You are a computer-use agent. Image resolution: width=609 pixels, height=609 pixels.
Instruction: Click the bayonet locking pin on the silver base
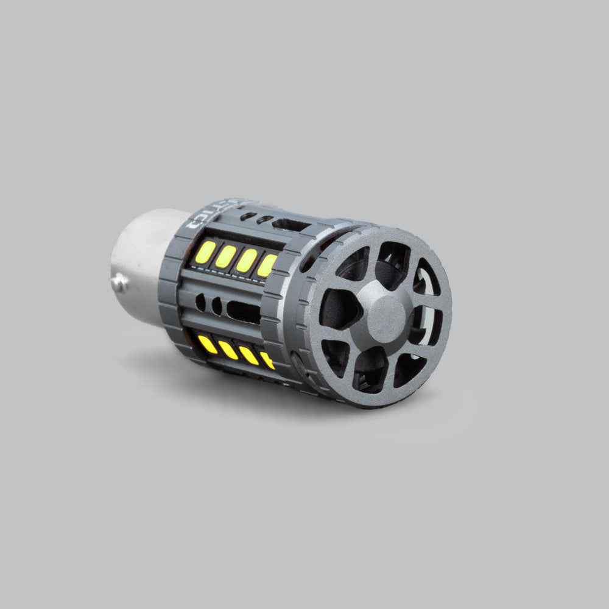point(120,282)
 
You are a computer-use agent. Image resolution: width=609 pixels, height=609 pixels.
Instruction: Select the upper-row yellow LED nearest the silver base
point(205,252)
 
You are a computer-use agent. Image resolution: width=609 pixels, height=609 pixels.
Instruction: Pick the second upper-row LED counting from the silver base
point(226,256)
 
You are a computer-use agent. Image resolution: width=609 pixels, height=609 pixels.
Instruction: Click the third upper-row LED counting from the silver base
point(247,261)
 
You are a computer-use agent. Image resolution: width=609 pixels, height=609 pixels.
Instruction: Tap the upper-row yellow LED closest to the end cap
point(266,266)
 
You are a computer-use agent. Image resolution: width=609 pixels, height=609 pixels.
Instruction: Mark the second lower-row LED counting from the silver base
point(228,350)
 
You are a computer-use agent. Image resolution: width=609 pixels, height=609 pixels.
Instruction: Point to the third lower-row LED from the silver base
point(248,355)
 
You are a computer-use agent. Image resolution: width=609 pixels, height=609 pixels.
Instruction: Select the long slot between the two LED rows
point(244,311)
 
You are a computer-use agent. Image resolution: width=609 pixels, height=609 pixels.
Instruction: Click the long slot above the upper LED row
point(291,225)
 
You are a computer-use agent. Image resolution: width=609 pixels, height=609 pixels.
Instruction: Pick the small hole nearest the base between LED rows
point(200,301)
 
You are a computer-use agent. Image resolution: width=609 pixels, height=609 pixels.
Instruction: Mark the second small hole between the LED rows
point(216,305)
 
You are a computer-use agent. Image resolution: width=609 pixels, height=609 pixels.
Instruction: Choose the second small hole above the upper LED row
point(263,219)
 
